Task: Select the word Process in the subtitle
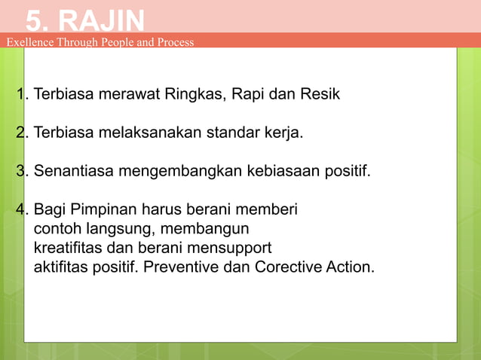175,42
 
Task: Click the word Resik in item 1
320,95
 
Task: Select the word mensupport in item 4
233,247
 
